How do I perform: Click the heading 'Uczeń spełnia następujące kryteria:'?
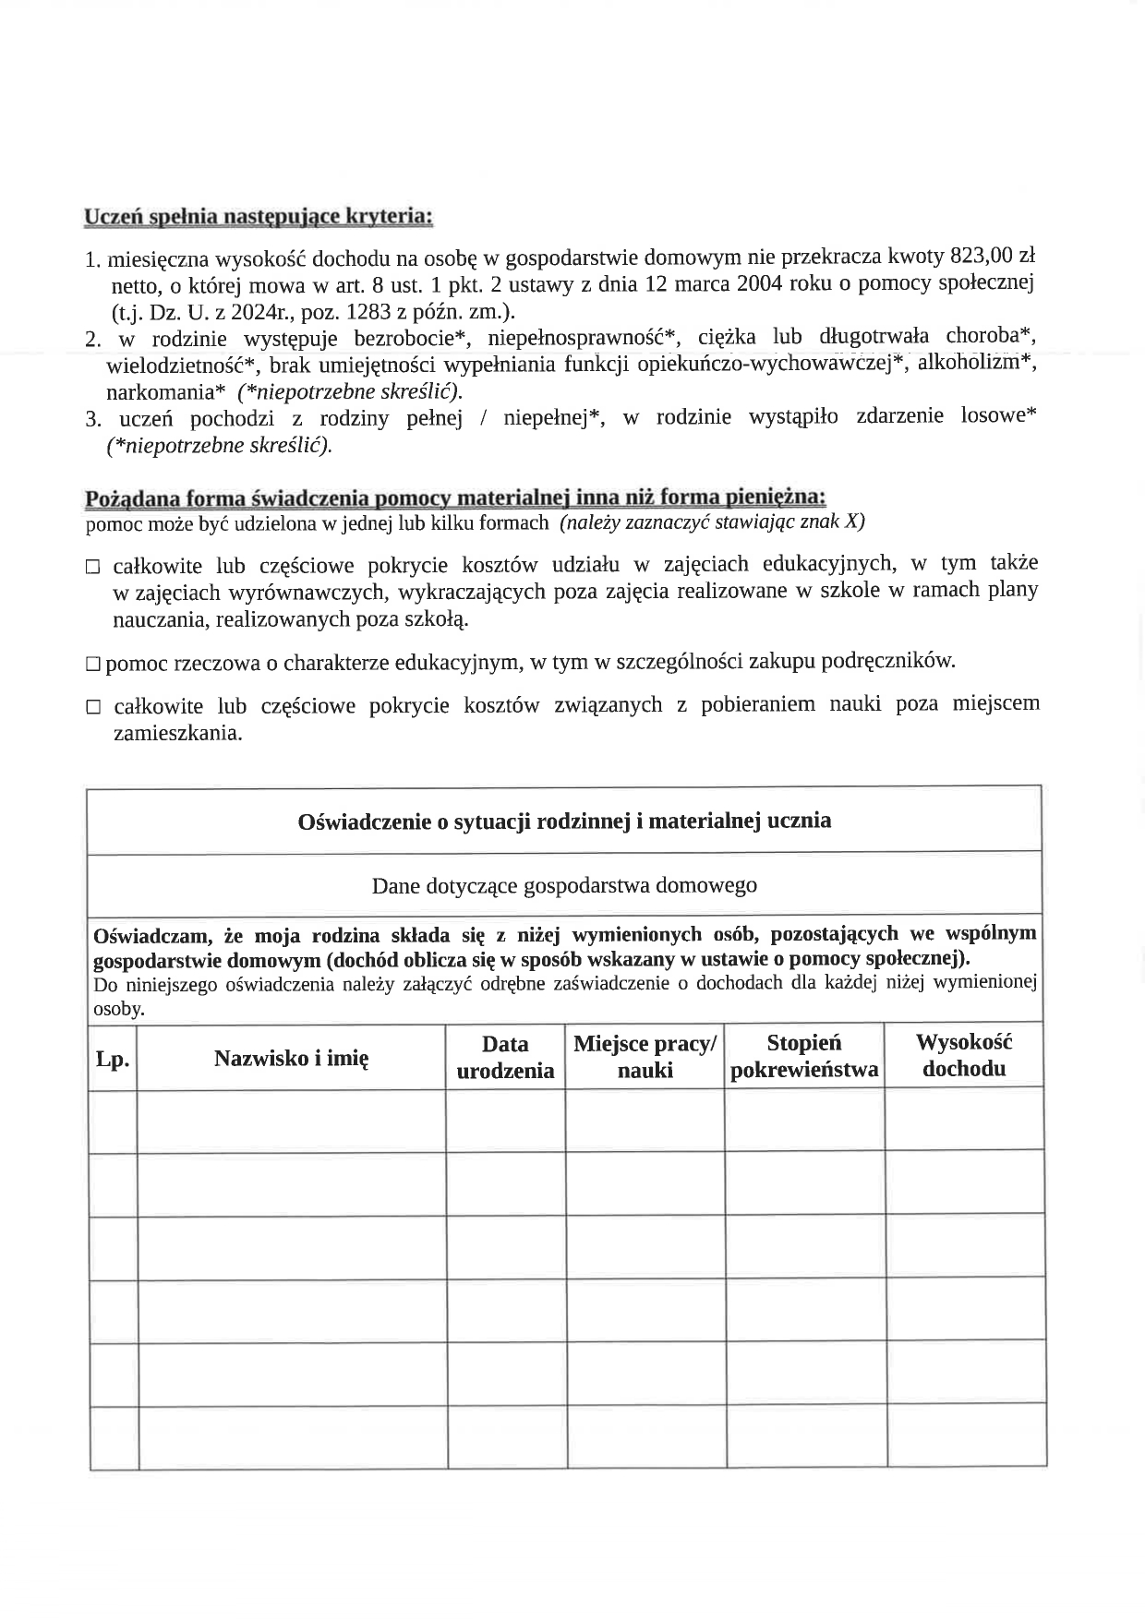pyautogui.click(x=259, y=217)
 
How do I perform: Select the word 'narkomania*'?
pyautogui.click(x=166, y=391)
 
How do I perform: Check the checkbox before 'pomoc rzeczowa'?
pyautogui.click(x=92, y=664)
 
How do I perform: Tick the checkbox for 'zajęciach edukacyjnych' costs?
pyautogui.click(x=92, y=567)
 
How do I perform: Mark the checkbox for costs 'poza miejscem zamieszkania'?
pyautogui.click(x=92, y=708)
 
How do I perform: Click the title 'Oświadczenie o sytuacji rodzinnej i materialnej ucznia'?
pyautogui.click(x=564, y=821)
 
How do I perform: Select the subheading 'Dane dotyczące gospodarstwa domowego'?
pyautogui.click(x=564, y=885)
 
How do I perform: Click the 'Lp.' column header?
pyautogui.click(x=113, y=1058)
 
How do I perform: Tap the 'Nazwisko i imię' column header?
pyautogui.click(x=291, y=1058)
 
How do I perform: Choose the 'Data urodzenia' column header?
pyautogui.click(x=505, y=1057)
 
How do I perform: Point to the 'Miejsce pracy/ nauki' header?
pyautogui.click(x=645, y=1057)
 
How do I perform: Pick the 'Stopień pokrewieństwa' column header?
pyautogui.click(x=804, y=1056)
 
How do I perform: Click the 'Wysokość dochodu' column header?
pyautogui.click(x=964, y=1055)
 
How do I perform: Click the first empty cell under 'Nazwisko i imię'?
pyautogui.click(x=291, y=1120)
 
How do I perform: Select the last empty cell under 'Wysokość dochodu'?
pyautogui.click(x=967, y=1435)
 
